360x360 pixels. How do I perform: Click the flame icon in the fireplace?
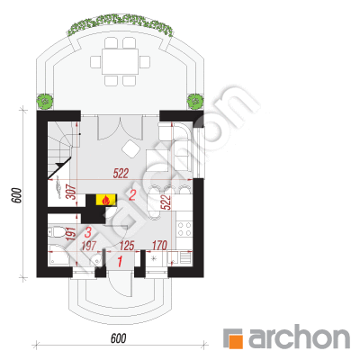pyautogui.click(x=106, y=200)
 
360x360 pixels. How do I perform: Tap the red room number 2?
pyautogui.click(x=132, y=195)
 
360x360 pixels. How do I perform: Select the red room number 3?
pyautogui.click(x=88, y=232)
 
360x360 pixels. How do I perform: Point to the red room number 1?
pyautogui.click(x=120, y=262)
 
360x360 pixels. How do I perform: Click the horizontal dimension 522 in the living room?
pyautogui.click(x=121, y=174)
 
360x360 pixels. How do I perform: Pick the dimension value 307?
pyautogui.click(x=71, y=192)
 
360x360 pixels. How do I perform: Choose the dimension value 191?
pyautogui.click(x=70, y=235)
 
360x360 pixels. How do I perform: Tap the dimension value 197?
pyautogui.click(x=89, y=247)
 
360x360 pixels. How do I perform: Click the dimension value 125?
pyautogui.click(x=127, y=246)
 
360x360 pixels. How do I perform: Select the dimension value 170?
pyautogui.click(x=159, y=246)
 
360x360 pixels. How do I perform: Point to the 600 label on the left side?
pyautogui.click(x=17, y=195)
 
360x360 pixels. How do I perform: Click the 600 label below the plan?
pyautogui.click(x=119, y=338)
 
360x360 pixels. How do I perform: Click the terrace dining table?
pyautogui.click(x=120, y=61)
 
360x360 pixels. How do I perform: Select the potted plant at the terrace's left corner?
pyautogui.click(x=45, y=101)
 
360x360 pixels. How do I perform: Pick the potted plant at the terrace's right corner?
pyautogui.click(x=195, y=101)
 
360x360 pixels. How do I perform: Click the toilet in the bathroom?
pyautogui.click(x=56, y=231)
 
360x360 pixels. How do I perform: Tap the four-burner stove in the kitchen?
pyautogui.click(x=184, y=229)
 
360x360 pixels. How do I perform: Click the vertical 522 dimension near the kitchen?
pyautogui.click(x=167, y=202)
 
